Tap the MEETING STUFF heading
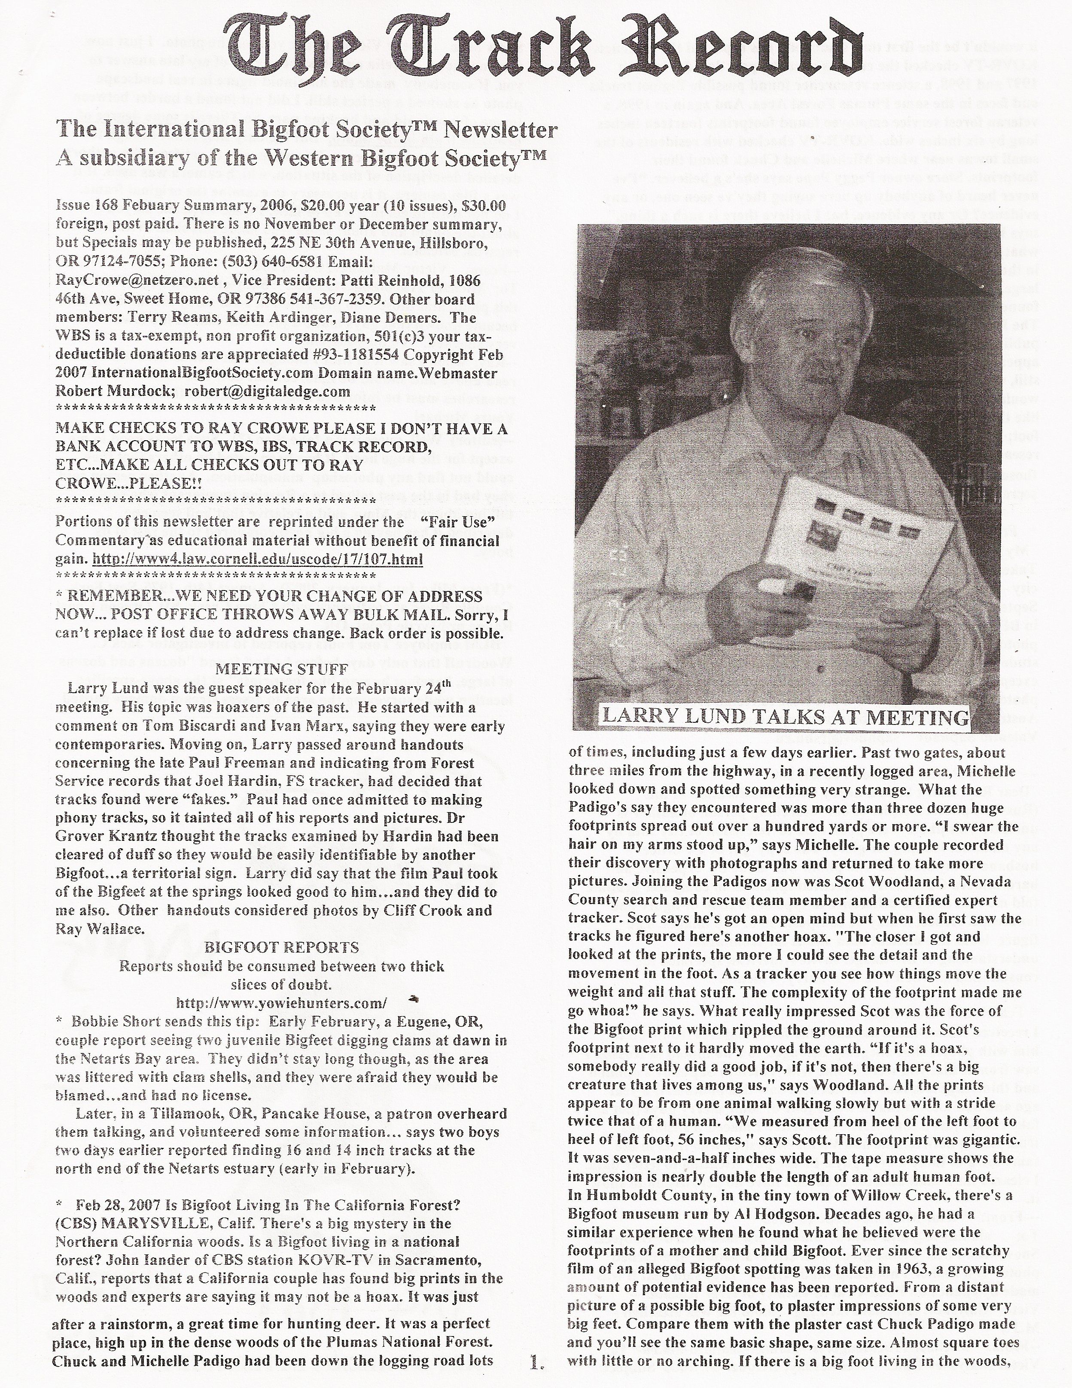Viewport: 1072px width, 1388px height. pos(281,669)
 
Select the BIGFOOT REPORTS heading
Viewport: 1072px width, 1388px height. pos(281,947)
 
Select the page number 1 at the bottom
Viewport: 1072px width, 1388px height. pos(536,1374)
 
